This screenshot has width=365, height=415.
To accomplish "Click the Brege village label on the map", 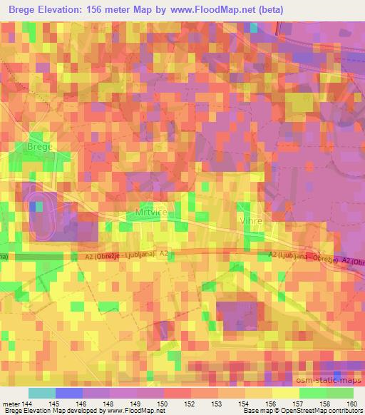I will (x=41, y=146).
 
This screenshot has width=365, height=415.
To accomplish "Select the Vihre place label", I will (x=252, y=221).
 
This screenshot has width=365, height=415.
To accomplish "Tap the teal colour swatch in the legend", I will (x=41, y=393).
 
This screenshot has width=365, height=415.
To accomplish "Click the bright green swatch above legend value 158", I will (x=314, y=393).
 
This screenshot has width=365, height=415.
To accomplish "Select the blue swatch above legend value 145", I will (x=68, y=393).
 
